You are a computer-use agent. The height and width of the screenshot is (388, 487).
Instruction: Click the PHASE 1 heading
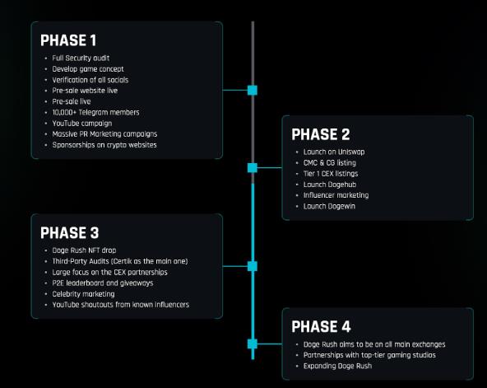pyautogui.click(x=68, y=40)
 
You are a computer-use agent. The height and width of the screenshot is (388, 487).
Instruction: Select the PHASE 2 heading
pyautogui.click(x=321, y=134)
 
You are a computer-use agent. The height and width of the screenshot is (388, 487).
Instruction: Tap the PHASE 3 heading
pyautogui.click(x=70, y=233)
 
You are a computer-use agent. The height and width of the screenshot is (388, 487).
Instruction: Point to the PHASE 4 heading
pyautogui.click(x=321, y=326)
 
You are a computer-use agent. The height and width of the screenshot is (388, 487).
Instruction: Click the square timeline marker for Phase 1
pyautogui.click(x=253, y=91)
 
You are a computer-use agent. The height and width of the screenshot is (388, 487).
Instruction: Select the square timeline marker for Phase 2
pyautogui.click(x=253, y=168)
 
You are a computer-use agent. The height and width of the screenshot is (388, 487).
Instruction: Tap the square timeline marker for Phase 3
pyautogui.click(x=253, y=266)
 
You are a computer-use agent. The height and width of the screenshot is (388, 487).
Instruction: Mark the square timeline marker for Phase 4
pyautogui.click(x=253, y=344)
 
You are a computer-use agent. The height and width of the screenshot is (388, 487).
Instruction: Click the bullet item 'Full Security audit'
pyautogui.click(x=81, y=58)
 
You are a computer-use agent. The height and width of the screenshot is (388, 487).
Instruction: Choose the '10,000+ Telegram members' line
pyautogui.click(x=95, y=112)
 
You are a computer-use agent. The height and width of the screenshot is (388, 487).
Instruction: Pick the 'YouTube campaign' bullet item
pyautogui.click(x=82, y=124)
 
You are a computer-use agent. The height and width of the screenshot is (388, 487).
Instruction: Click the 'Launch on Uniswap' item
pyautogui.click(x=334, y=152)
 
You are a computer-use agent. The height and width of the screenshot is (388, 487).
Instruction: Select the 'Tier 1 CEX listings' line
pyautogui.click(x=331, y=174)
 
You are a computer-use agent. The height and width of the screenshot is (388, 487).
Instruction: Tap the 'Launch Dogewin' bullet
pyautogui.click(x=329, y=206)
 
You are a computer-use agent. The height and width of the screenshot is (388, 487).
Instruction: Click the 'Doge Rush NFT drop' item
pyautogui.click(x=84, y=250)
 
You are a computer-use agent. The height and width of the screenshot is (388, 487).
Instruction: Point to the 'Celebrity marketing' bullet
pyautogui.click(x=83, y=294)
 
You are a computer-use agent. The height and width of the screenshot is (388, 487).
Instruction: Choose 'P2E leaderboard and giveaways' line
pyautogui.click(x=103, y=283)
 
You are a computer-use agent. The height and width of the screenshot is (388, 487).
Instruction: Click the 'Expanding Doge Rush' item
pyautogui.click(x=337, y=366)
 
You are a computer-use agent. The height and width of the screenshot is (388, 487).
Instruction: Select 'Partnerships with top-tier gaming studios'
pyautogui.click(x=369, y=355)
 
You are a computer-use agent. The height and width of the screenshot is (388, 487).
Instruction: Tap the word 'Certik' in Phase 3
pyautogui.click(x=123, y=261)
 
